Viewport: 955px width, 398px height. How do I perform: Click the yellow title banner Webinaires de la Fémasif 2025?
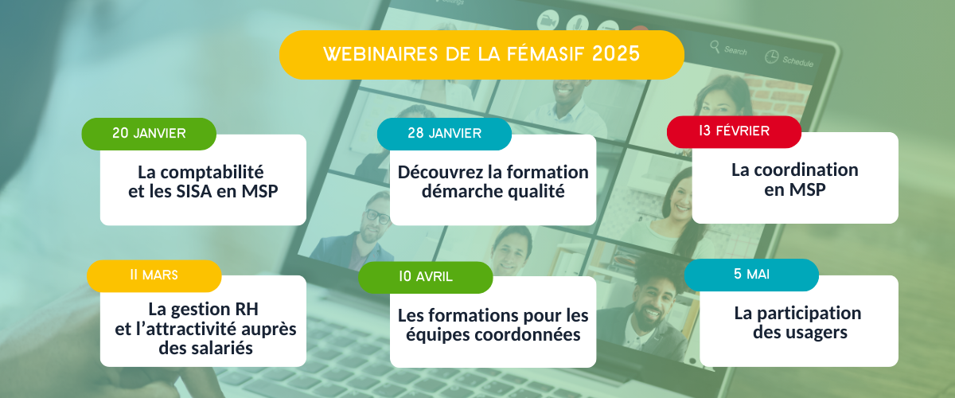[x=481, y=55]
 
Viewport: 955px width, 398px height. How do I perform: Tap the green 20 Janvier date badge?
[x=149, y=134]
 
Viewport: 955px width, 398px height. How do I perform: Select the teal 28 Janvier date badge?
[x=444, y=134]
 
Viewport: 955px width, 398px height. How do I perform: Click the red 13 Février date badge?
[x=734, y=131]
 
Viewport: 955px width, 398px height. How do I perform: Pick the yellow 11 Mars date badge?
[x=154, y=275]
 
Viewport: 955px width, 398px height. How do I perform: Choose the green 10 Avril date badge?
[x=426, y=277]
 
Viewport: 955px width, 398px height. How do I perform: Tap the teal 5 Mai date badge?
[x=751, y=275]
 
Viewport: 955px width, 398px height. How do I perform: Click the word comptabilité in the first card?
[x=212, y=173]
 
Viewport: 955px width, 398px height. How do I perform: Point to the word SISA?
[x=194, y=191]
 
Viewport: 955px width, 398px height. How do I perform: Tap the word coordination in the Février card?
[x=806, y=170]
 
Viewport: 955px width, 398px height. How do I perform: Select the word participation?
[x=809, y=314]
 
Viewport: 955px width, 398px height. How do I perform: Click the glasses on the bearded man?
[x=377, y=217]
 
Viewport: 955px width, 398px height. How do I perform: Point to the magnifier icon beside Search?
[x=715, y=46]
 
